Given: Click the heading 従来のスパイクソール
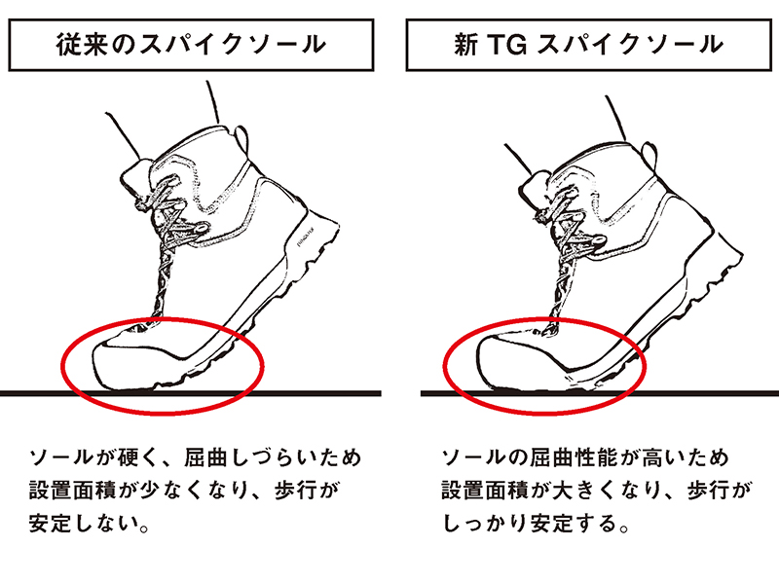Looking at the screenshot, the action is [191, 45].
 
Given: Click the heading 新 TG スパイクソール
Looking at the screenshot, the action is [588, 45].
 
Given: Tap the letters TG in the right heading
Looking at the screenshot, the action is [506, 45].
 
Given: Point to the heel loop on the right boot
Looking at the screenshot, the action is [649, 157].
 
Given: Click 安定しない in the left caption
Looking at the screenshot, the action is [83, 524].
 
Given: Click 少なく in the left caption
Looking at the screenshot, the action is [170, 491].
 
